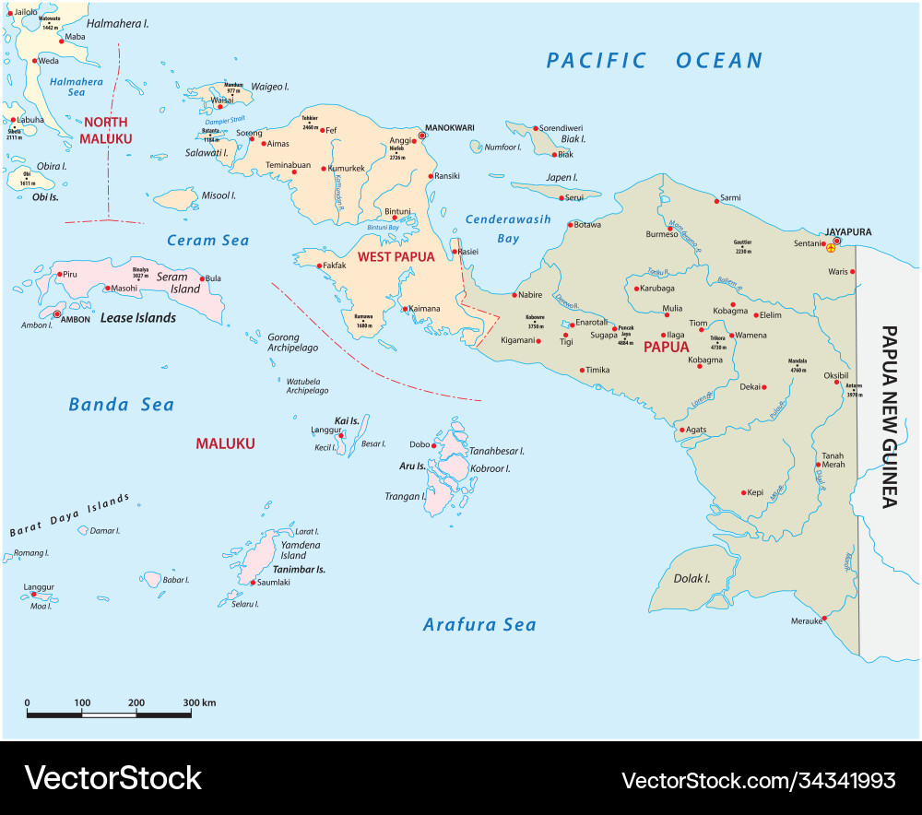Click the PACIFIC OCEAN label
[x=655, y=61]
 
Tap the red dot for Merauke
[x=825, y=618]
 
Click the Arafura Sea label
[x=479, y=625]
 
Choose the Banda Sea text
[x=121, y=405]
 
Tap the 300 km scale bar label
[x=198, y=703]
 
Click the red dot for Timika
[x=581, y=371]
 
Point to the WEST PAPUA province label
[x=396, y=257]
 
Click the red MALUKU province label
[x=225, y=443]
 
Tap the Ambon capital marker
[x=58, y=314]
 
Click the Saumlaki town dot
[x=253, y=582]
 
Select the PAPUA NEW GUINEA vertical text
[x=889, y=415]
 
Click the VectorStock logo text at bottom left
[x=112, y=778]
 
